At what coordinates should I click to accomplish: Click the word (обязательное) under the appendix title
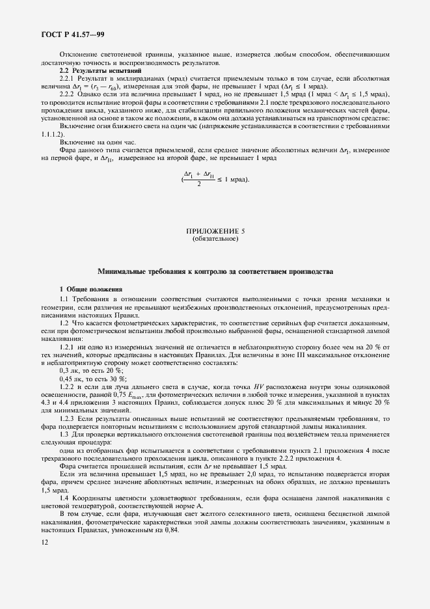point(215,239)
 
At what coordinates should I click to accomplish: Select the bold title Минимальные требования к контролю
point(215,270)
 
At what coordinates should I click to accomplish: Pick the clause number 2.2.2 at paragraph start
point(68,93)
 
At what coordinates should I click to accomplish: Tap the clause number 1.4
point(66,479)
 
